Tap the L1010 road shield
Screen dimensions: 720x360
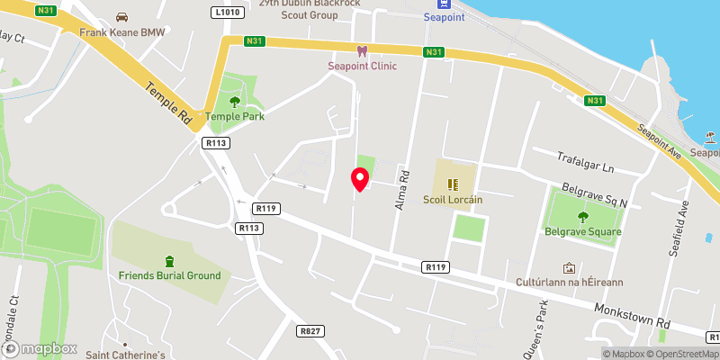coord(229,13)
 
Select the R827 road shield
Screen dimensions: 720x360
coord(309,331)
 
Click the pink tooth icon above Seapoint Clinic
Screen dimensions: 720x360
coord(362,51)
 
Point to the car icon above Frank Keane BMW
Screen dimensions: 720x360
coord(121,17)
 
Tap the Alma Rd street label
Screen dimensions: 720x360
coord(402,192)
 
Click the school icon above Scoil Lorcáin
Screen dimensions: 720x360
coord(453,185)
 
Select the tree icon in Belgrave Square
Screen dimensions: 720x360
coord(582,216)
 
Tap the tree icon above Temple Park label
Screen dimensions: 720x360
coord(236,102)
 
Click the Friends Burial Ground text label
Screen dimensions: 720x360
coord(169,275)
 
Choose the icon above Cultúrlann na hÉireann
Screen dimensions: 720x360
coord(569,268)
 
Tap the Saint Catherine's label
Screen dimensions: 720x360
coord(125,355)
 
